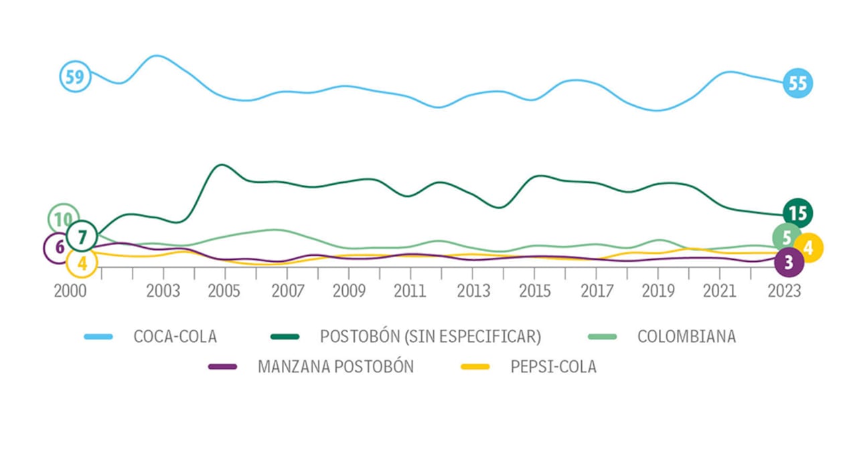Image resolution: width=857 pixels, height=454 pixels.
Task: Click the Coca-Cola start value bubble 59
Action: pyautogui.click(x=75, y=77)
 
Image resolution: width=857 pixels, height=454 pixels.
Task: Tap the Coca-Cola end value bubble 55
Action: pyautogui.click(x=797, y=84)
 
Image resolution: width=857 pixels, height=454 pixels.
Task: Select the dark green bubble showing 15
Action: pyautogui.click(x=797, y=214)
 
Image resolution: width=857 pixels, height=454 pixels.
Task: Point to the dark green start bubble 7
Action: pyautogui.click(x=82, y=236)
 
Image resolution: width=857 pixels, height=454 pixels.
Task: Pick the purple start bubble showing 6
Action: pyautogui.click(x=59, y=247)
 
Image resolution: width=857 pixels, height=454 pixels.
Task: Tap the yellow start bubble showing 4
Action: pyautogui.click(x=82, y=263)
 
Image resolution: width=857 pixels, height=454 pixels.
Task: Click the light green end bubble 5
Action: pyautogui.click(x=787, y=237)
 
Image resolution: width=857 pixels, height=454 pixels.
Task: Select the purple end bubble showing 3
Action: pyautogui.click(x=789, y=262)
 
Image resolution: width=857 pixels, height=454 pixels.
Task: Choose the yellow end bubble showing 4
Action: pyautogui.click(x=808, y=248)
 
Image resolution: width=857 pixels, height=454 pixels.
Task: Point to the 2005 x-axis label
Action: pyautogui.click(x=225, y=292)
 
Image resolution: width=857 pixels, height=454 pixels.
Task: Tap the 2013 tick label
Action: pyautogui.click(x=472, y=292)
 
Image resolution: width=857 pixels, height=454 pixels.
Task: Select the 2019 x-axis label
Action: pyautogui.click(x=657, y=292)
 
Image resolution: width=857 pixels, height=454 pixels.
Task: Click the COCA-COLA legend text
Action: pyautogui.click(x=175, y=336)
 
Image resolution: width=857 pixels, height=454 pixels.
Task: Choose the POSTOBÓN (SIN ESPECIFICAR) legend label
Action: pyautogui.click(x=431, y=336)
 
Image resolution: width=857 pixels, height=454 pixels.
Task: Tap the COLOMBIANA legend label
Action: pyautogui.click(x=686, y=336)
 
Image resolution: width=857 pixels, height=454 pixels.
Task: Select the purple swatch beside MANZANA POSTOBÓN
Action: pyautogui.click(x=222, y=367)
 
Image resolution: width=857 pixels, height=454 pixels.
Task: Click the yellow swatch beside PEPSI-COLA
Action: pyautogui.click(x=475, y=367)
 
